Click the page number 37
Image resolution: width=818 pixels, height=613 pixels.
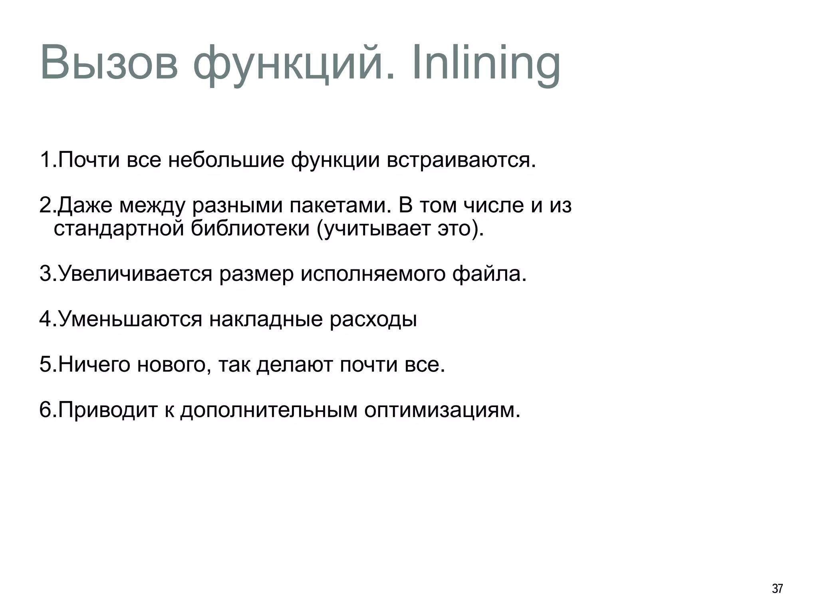777,589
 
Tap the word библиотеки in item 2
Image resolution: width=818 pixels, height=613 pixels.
250,229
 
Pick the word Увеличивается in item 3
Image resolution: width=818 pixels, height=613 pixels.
135,274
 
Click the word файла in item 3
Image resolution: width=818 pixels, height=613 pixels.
489,274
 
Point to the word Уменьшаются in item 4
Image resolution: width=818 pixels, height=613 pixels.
130,319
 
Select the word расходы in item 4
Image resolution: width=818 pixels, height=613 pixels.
373,319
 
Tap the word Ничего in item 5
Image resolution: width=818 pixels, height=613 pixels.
94,365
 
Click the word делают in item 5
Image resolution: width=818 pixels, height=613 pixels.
294,365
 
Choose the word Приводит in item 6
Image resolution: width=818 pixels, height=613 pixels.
108,410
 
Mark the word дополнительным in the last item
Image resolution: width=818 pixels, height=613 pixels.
268,410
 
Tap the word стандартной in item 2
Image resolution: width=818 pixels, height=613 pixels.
119,229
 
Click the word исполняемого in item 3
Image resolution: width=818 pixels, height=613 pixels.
373,274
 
